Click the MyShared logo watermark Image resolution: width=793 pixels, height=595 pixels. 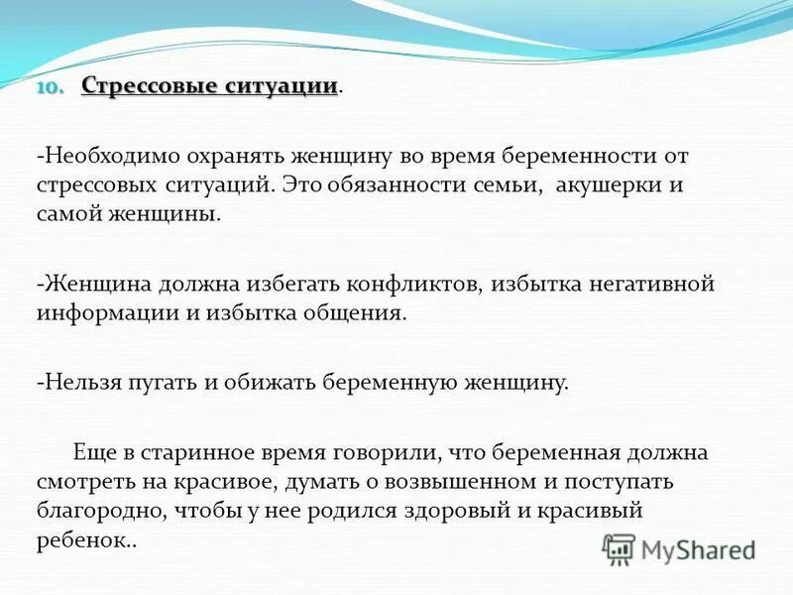(678, 548)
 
